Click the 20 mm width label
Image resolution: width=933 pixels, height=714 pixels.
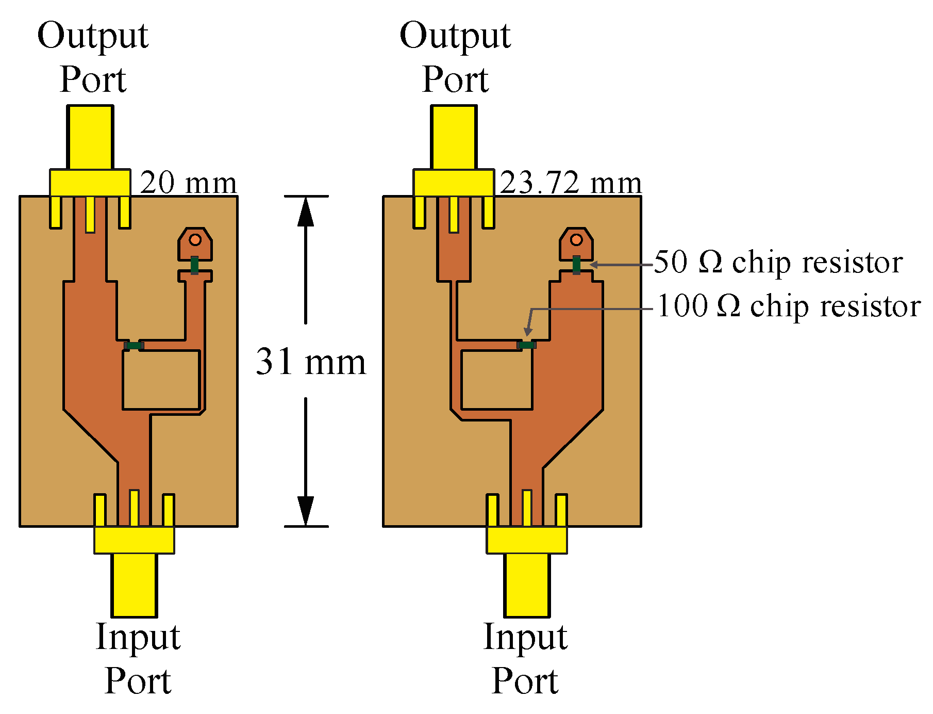188,183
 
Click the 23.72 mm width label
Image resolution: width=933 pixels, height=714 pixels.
571,183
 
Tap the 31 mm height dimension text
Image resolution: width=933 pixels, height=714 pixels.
311,362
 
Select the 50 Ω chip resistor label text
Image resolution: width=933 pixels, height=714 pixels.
778,262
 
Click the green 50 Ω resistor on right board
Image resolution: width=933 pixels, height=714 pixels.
576,265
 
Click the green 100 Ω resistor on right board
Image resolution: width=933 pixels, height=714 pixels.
526,345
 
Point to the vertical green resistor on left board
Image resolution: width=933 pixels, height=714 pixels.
194,265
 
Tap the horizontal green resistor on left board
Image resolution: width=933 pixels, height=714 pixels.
134,345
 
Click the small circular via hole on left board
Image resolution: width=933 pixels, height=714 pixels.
195,240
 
